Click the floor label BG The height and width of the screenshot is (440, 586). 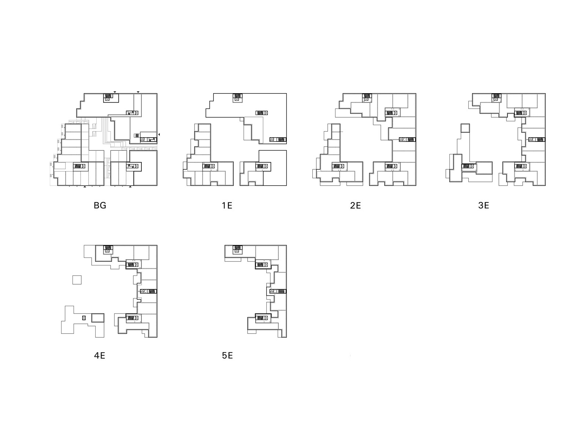click(x=100, y=205)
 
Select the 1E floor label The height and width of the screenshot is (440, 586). click(x=227, y=205)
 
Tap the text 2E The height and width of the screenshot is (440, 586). click(x=355, y=205)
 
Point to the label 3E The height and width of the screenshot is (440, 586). click(x=483, y=205)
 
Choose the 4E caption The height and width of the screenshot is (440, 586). click(x=100, y=355)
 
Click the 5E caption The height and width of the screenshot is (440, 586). click(x=227, y=355)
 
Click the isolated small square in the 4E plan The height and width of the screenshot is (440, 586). click(x=77, y=280)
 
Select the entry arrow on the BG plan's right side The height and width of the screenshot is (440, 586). click(x=159, y=134)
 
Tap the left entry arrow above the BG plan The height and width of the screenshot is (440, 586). click(x=115, y=92)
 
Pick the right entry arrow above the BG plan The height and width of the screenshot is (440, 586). click(x=138, y=92)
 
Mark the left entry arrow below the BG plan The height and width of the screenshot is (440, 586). click(x=85, y=187)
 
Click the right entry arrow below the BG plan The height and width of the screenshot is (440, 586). click(x=130, y=187)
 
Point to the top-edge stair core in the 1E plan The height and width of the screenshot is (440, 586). click(x=237, y=98)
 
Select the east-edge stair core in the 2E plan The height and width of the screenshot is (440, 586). click(x=407, y=139)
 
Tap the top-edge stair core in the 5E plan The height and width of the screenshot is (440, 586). click(x=237, y=249)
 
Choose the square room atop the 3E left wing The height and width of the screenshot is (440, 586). click(x=466, y=128)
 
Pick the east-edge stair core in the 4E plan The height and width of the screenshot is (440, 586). click(x=148, y=291)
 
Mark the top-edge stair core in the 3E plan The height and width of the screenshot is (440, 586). click(x=496, y=98)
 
